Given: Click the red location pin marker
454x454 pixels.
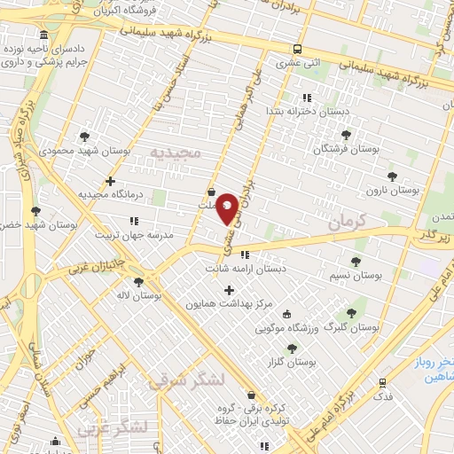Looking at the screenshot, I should pos(227,207).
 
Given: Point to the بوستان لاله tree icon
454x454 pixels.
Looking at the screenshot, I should pos(138,283).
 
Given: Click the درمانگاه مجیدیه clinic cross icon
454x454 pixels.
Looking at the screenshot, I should pos(110,182).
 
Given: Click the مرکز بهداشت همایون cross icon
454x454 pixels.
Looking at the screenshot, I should pos(229,290).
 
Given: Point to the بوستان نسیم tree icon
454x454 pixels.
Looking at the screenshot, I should pos(356,262).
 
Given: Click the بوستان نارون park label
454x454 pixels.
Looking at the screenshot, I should pos(395,190).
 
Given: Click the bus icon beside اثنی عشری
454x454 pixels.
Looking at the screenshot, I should pos(297,50).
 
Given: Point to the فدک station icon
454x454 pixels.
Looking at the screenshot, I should pos(382,384).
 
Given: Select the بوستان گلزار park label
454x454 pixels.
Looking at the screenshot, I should pos(292,362).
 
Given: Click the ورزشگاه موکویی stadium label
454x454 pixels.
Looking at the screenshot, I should pos(286,328).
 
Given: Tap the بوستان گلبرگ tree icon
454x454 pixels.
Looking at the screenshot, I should pos(351,313).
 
